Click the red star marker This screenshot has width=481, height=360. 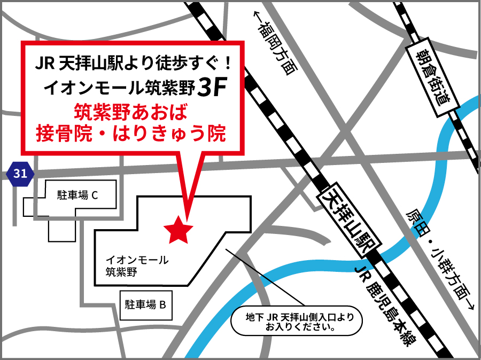tap(178, 230)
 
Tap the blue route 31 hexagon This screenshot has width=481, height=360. tap(20, 173)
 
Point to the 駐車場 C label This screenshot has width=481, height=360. tap(77, 195)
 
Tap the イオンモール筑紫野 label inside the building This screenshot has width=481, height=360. tap(137, 266)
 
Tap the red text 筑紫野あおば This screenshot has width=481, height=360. tap(130, 113)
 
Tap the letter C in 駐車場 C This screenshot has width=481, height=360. tap(95, 195)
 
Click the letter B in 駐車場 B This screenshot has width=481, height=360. tap(164, 305)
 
